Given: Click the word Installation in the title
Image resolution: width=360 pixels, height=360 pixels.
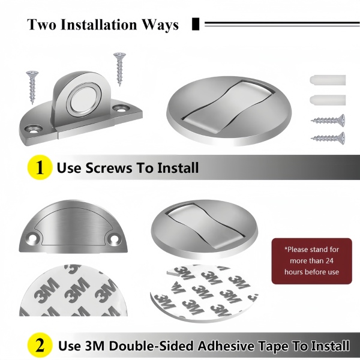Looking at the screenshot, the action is coord(99,25).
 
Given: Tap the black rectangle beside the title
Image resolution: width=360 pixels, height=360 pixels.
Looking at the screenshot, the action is coord(196,24).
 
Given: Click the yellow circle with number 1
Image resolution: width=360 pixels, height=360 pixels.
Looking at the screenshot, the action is coord(40,167).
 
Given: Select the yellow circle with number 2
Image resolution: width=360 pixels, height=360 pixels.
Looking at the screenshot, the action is coord(40,346).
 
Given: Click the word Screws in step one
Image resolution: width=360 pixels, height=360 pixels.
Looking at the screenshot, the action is coord(109,168).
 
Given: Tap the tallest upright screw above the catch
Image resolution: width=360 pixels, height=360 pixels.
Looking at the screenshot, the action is coord(119,69).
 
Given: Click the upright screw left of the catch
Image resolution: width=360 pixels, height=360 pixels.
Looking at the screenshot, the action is coord(32,88).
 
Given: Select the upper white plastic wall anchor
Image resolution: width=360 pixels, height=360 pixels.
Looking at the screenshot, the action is coord(328,80).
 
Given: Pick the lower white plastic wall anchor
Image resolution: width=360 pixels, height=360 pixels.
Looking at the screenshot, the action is coord(328,100).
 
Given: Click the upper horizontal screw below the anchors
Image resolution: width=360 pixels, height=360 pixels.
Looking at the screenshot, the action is coord(328,120).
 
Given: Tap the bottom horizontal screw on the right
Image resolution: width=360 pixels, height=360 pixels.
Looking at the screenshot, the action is coord(328,138).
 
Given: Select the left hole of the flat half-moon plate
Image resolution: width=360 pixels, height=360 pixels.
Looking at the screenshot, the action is coord(33,239).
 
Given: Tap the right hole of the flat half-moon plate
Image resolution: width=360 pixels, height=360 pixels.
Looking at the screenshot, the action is coord(115,239).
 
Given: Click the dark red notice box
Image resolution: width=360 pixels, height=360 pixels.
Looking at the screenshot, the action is coord(311,261).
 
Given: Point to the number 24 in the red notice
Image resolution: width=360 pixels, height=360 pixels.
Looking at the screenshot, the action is coord(329,261).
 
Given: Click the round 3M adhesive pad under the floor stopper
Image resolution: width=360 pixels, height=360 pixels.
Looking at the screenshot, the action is coord(203,293).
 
